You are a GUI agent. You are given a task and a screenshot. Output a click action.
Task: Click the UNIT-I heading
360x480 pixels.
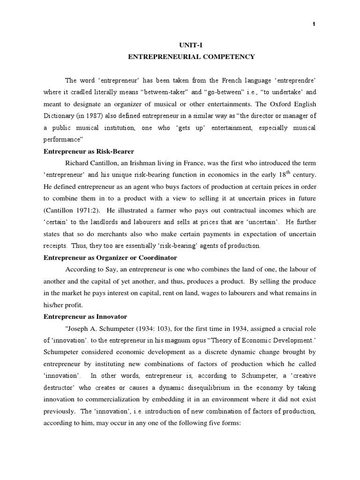point(192,45)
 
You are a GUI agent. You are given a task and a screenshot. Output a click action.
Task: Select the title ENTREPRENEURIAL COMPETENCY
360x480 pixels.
point(192,57)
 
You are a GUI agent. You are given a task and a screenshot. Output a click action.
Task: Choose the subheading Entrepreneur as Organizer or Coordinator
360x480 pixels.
point(110,258)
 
